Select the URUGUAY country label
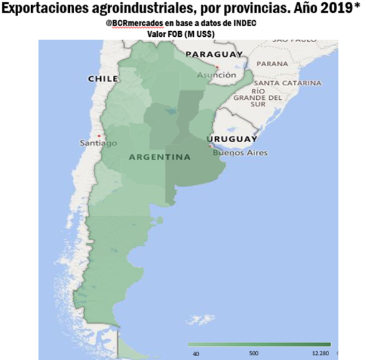point(231,139)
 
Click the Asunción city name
point(216,75)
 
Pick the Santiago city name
point(98,144)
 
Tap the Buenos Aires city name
point(239,152)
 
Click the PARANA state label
point(273,64)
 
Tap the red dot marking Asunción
point(217,67)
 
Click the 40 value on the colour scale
point(196,353)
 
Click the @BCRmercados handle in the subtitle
point(131,23)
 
